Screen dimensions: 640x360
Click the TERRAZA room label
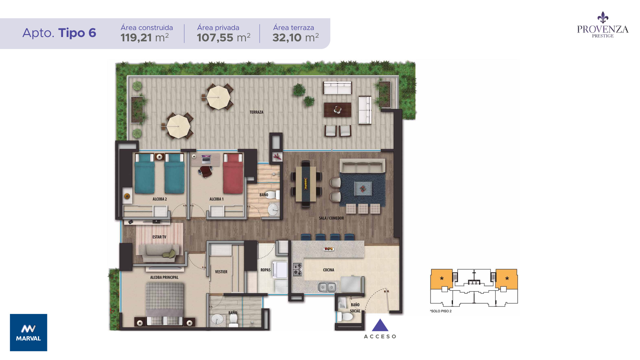[256, 112]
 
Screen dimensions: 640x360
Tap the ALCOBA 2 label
[160, 199]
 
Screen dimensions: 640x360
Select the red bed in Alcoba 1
[233, 173]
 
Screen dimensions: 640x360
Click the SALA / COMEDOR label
[331, 218]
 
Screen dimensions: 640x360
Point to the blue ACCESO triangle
[380, 326]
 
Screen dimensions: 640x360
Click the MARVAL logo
[29, 332]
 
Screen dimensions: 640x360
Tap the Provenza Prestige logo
[603, 25]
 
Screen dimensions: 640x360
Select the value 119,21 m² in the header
[145, 38]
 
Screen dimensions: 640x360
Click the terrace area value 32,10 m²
[296, 38]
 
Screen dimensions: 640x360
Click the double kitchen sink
[327, 287]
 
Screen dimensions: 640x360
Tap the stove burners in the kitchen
[297, 269]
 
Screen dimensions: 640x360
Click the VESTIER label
[221, 272]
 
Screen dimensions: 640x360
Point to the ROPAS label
[265, 270]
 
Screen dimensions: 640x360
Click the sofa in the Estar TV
[160, 253]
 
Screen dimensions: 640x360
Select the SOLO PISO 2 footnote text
[441, 311]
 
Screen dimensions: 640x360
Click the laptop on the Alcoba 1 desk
[206, 159]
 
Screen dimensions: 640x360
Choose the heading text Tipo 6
[77, 33]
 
